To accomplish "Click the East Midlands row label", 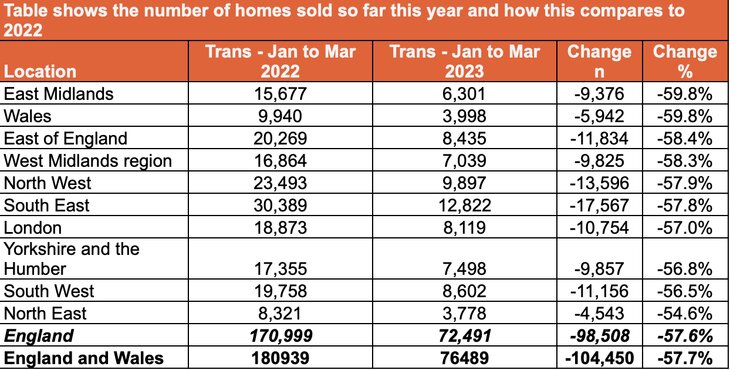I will pyautogui.click(x=60, y=94).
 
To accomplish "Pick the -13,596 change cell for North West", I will pyautogui.click(x=599, y=182).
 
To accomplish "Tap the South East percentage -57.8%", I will pyautogui.click(x=685, y=204).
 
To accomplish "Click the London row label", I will pyautogui.click(x=35, y=226).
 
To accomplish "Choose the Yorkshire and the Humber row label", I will pyautogui.click(x=72, y=258).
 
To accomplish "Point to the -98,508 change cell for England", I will pyautogui.click(x=599, y=336).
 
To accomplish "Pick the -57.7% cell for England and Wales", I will pyautogui.click(x=685, y=358).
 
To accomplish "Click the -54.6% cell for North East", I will pyautogui.click(x=685, y=314).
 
